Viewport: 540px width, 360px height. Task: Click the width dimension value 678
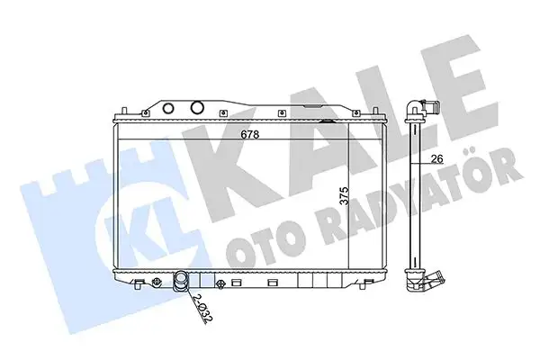[249, 135]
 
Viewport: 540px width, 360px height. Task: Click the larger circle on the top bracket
[197, 108]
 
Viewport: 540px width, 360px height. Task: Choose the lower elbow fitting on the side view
[425, 281]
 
